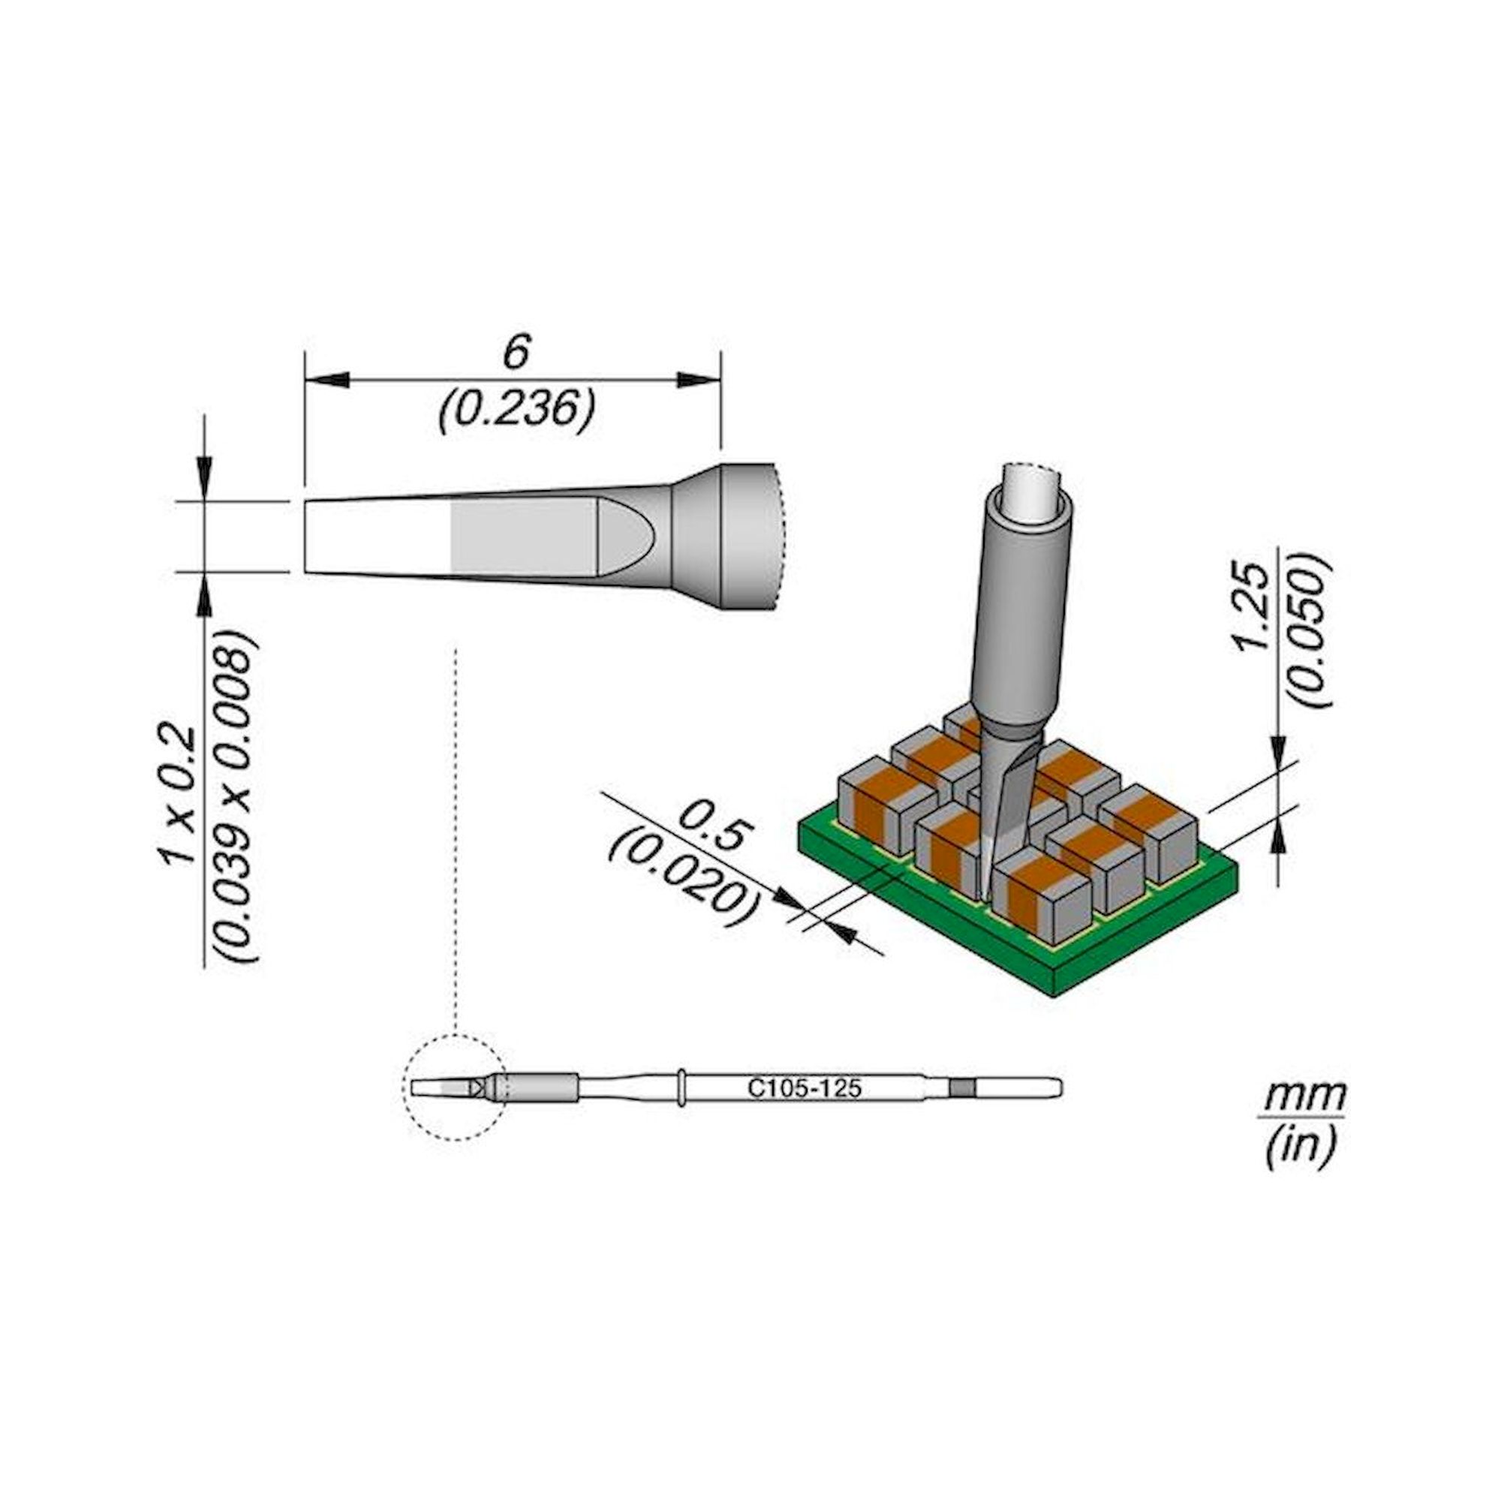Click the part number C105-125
click(804, 1088)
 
